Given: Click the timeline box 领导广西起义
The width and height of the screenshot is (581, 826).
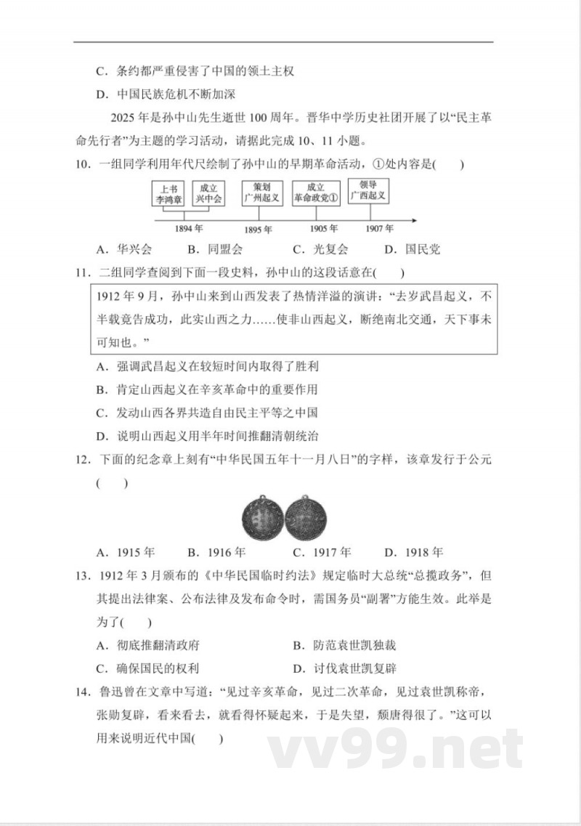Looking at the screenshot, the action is click(367, 190).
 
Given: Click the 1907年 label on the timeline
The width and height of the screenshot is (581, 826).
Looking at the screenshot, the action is click(375, 229).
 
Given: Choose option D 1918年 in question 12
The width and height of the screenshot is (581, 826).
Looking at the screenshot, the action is click(414, 551).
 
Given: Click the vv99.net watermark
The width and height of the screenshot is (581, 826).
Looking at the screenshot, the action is click(396, 748).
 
